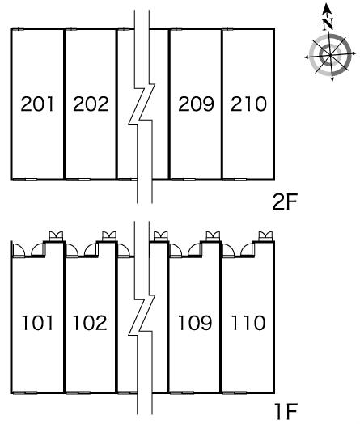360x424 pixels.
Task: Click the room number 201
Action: (37, 104)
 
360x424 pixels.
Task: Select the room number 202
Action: (91, 104)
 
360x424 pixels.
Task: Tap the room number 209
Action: (196, 104)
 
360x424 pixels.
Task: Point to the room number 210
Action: (248, 104)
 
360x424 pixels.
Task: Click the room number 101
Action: (37, 323)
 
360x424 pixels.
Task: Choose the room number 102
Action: (90, 323)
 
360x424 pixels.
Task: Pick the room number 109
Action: (195, 323)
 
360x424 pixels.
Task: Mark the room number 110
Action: (248, 323)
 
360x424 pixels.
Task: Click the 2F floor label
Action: (285, 202)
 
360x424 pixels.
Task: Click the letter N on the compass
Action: (328, 23)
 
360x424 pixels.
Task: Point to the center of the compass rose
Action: (330, 56)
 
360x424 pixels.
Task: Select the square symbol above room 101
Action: (56, 236)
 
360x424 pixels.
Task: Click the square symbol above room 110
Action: (265, 236)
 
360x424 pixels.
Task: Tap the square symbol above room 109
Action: (213, 236)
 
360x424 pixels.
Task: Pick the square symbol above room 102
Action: (109, 236)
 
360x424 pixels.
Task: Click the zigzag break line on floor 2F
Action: (142, 104)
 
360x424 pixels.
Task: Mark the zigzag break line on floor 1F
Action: (142, 316)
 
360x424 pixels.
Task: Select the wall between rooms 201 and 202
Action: (65, 104)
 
